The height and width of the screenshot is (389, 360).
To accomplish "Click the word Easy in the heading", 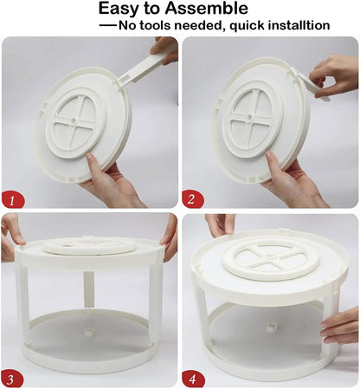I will coord(123,10).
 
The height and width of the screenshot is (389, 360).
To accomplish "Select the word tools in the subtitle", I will coord(168,25).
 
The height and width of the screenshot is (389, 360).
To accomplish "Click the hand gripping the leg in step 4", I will coord(340,327).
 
